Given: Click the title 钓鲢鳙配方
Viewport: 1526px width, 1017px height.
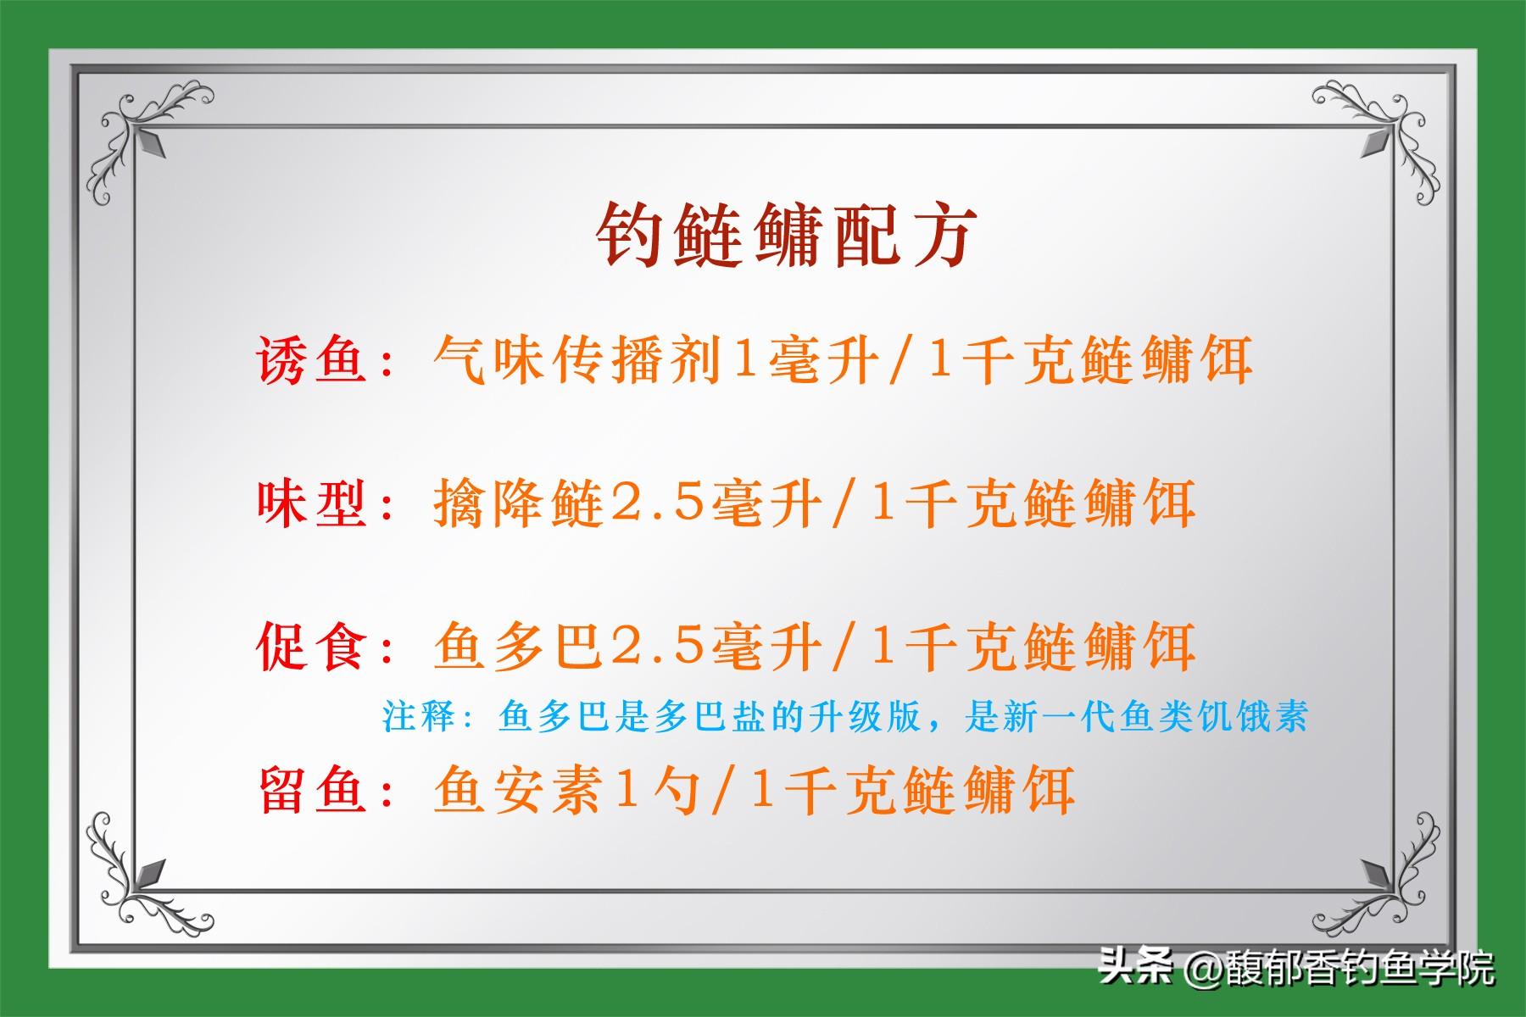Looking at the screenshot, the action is [787, 236].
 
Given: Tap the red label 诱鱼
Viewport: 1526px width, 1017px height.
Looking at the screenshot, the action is [313, 360].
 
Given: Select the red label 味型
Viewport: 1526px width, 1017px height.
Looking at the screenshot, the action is [313, 503].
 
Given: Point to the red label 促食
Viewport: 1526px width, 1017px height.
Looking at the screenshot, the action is [313, 647].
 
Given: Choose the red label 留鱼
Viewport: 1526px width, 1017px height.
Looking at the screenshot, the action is [313, 790].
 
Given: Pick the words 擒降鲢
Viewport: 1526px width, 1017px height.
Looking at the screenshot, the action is [518, 503].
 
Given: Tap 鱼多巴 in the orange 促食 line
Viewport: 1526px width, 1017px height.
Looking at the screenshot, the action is [518, 647].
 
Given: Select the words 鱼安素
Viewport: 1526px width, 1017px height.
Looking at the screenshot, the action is [518, 790].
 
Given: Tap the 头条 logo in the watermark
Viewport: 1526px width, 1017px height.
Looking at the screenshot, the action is [1137, 965].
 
